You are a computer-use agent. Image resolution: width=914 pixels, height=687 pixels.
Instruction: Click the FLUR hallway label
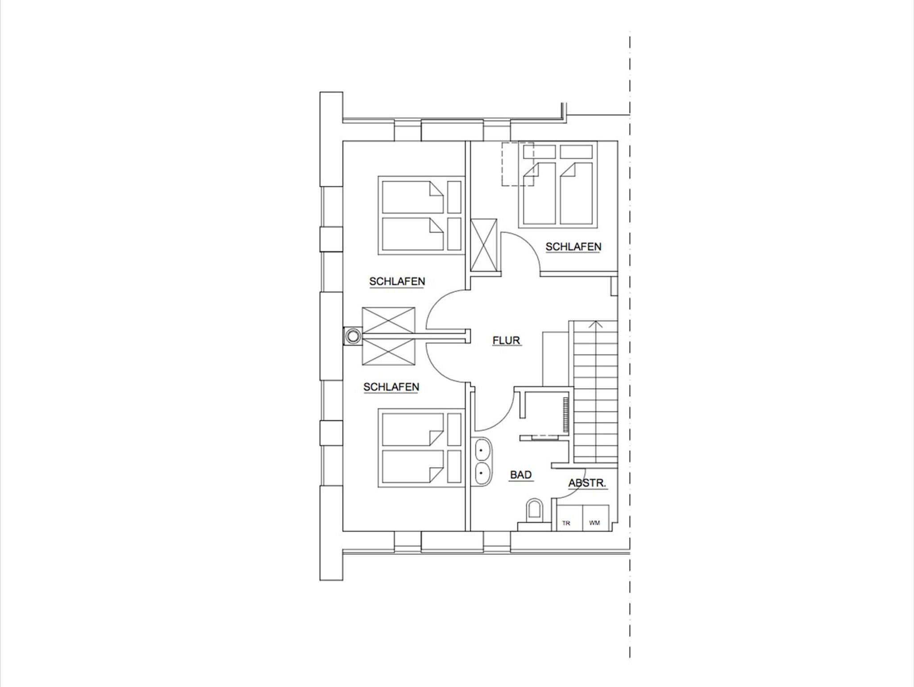[506, 340]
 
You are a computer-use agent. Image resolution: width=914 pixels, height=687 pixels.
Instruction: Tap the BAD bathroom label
[521, 475]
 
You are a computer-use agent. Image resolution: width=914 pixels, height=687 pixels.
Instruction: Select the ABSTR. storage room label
[587, 483]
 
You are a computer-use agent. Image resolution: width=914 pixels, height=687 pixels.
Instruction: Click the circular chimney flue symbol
[353, 335]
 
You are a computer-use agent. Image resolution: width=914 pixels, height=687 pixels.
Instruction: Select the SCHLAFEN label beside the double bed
[573, 247]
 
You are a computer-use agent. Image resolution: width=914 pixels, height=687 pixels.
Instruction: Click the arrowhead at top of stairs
[593, 323]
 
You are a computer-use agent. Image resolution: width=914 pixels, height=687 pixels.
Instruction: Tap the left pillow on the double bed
[535, 151]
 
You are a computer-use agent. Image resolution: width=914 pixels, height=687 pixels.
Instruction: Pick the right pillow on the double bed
[576, 151]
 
